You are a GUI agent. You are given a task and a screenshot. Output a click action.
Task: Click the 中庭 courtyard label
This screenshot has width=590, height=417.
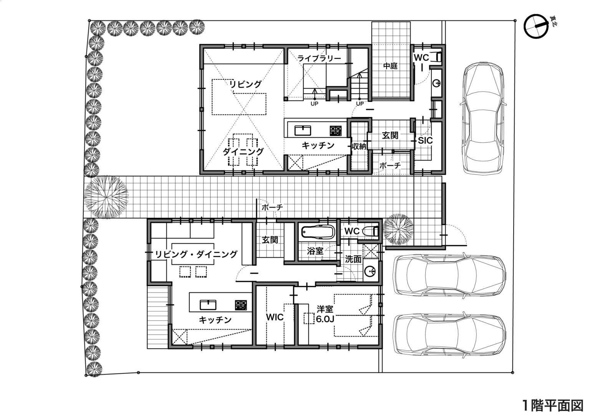[390, 66]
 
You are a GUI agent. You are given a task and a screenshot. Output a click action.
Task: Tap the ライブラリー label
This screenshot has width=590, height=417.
[319, 58]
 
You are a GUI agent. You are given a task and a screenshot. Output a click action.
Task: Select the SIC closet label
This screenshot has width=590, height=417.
[425, 141]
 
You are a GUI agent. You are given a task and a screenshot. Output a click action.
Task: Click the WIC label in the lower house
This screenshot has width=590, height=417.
[275, 317]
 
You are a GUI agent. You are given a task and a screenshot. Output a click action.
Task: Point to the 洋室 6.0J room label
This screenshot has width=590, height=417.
[325, 314]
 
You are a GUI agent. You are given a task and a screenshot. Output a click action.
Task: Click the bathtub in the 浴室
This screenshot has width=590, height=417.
[318, 232]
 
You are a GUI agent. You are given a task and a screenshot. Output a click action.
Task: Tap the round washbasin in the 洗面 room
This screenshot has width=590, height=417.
[370, 271]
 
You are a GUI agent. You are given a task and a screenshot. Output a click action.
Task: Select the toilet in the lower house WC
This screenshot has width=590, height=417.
[371, 232]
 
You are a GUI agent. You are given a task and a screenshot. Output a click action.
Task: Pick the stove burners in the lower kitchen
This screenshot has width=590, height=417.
[241, 305]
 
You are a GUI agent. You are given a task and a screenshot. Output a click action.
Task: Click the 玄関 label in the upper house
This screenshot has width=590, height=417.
[390, 136]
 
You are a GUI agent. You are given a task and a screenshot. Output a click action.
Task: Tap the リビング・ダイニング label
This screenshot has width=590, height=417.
[196, 254]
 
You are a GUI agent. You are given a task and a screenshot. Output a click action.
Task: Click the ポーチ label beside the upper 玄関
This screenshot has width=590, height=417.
[390, 165]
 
